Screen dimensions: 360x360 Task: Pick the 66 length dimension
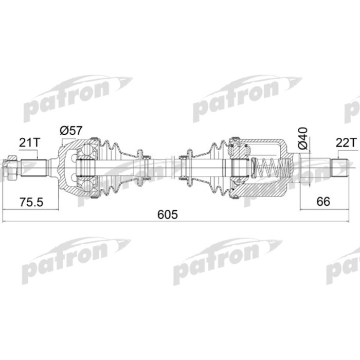click(x=323, y=201)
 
